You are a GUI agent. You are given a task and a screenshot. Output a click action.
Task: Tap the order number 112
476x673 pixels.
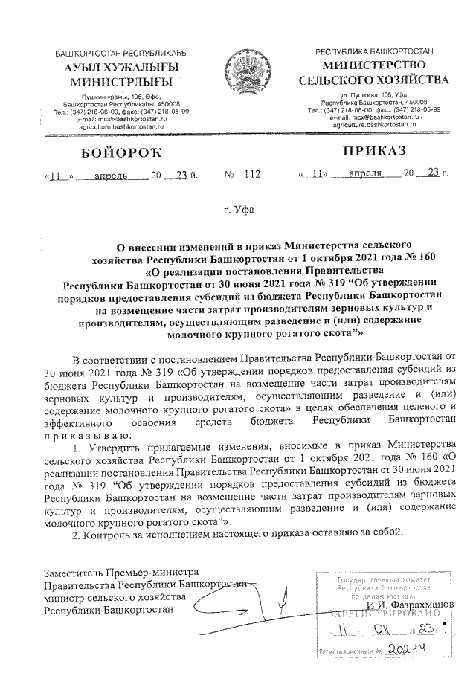click(x=253, y=175)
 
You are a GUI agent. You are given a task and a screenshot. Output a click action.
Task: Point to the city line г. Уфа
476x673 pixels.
click(x=239, y=210)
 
